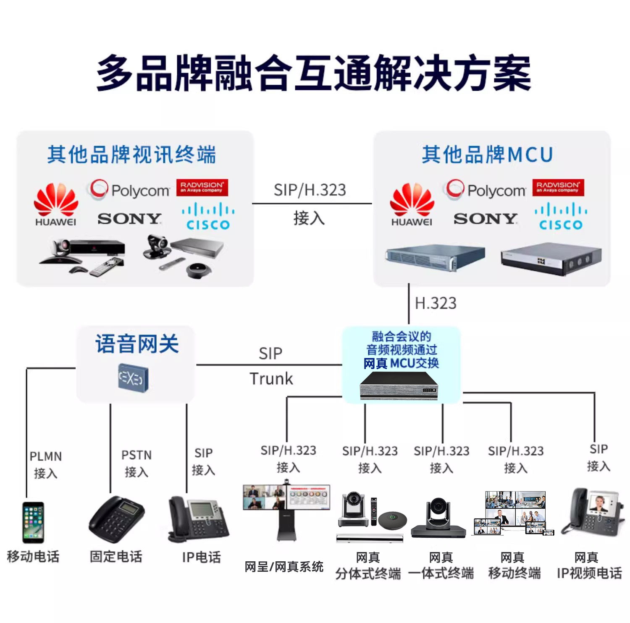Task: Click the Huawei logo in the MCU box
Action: (412, 204)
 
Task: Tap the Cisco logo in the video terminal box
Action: (208, 216)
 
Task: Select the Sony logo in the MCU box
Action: (485, 218)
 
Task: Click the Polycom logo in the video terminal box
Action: (129, 190)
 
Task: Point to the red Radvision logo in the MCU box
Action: (558, 187)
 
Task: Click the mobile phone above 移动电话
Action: (33, 522)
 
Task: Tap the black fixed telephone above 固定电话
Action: (116, 519)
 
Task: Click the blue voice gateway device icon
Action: (133, 378)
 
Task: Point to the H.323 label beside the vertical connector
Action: (436, 303)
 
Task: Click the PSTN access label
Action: (136, 463)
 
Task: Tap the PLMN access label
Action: (45, 465)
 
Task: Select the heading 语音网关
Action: (137, 344)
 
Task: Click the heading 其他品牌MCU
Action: (487, 154)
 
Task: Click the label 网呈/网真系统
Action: (284, 567)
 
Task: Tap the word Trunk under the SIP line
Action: (271, 379)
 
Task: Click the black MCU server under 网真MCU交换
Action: (399, 386)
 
